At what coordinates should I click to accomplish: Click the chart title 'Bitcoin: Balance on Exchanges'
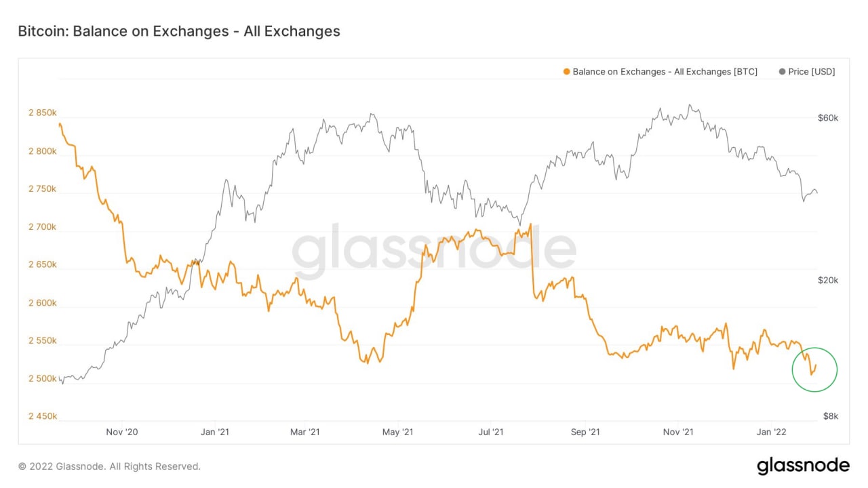[x=178, y=31]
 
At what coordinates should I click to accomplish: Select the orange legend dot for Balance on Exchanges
[x=566, y=72]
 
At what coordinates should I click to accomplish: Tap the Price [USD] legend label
[x=812, y=72]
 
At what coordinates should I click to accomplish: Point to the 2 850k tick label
[x=42, y=113]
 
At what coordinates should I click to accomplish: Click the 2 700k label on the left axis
[x=42, y=227]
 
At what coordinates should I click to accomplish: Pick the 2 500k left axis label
[x=42, y=379]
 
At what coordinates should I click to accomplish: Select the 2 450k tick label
[x=42, y=417]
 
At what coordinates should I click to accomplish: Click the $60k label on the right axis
[x=828, y=118]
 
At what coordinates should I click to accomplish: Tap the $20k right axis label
[x=828, y=281]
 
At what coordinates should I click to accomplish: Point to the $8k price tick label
[x=831, y=417]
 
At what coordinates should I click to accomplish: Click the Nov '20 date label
[x=122, y=432]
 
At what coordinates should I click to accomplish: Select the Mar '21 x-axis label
[x=304, y=432]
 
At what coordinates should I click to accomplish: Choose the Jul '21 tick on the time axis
[x=490, y=432]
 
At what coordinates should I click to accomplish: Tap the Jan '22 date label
[x=771, y=432]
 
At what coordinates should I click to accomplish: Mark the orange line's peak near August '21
[x=530, y=224]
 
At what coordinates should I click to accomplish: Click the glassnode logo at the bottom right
[x=803, y=466]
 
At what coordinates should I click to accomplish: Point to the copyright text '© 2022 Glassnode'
[x=109, y=466]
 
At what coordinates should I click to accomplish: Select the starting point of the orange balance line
[x=60, y=124]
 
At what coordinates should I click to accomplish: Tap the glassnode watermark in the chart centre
[x=434, y=249]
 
